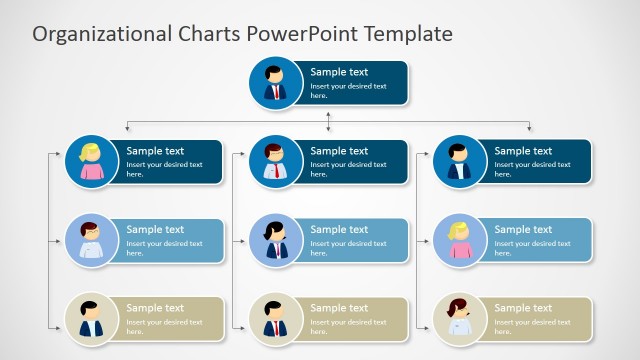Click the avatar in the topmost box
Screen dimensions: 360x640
pos(275,83)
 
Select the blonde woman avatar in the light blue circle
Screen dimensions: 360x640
pos(459,241)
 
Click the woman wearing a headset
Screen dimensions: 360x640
pos(459,319)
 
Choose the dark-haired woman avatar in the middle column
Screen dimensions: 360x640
pos(275,241)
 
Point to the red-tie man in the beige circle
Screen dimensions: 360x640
pos(275,319)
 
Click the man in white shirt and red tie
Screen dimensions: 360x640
pos(275,162)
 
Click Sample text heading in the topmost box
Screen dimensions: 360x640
pos(339,72)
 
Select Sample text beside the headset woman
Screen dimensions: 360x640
pos(523,308)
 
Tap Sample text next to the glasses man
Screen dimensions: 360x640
pos(155,230)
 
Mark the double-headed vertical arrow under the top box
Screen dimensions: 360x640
pos(329,119)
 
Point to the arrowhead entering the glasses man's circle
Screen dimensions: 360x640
pos(61,241)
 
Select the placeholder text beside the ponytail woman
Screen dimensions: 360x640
pos(348,248)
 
